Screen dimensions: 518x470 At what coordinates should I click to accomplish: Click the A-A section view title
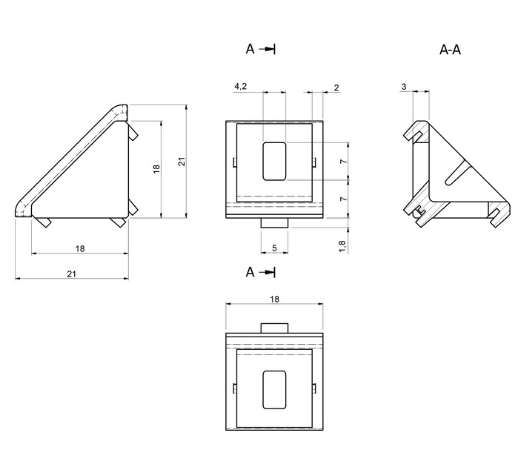pyautogui.click(x=450, y=50)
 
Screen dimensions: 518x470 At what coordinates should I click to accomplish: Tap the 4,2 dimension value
pyautogui.click(x=241, y=86)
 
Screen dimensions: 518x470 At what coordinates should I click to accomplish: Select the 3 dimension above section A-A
pyautogui.click(x=404, y=87)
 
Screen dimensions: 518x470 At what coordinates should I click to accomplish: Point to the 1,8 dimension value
pyautogui.click(x=342, y=246)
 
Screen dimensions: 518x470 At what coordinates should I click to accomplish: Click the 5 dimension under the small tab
pyautogui.click(x=274, y=248)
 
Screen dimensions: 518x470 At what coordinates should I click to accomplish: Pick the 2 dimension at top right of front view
pyautogui.click(x=336, y=87)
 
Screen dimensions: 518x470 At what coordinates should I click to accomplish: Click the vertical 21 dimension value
pyautogui.click(x=182, y=162)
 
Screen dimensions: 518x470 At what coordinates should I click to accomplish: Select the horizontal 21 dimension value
pyautogui.click(x=72, y=274)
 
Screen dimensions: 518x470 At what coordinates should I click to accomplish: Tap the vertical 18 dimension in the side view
pyautogui.click(x=156, y=169)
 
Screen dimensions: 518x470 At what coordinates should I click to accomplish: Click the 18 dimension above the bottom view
pyautogui.click(x=274, y=299)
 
